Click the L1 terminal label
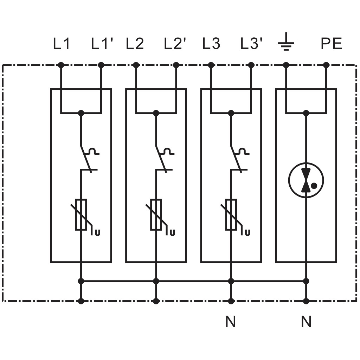[x=61, y=43]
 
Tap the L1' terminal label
[x=102, y=43]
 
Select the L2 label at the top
[x=135, y=43]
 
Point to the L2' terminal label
[x=175, y=43]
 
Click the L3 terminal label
[x=211, y=43]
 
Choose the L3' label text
[x=251, y=43]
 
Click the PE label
[x=331, y=43]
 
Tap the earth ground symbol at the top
[x=286, y=42]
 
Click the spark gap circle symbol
[x=306, y=180]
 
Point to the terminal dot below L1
[x=61, y=65]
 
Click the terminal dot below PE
[x=326, y=65]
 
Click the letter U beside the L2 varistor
[x=173, y=233]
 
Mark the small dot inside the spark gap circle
[x=314, y=185]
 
